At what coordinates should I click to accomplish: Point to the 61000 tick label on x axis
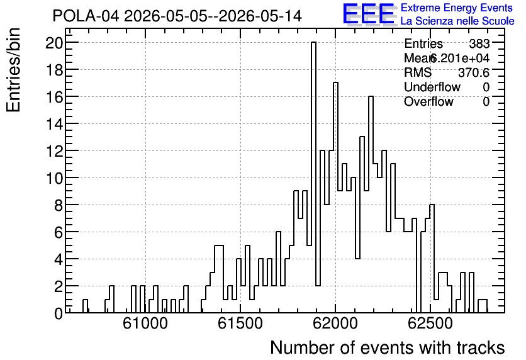[x=145, y=323]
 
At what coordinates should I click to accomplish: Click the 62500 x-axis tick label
[x=430, y=323]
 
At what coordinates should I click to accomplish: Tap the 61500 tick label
[x=240, y=323]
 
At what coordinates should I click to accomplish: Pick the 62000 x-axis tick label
[x=335, y=323]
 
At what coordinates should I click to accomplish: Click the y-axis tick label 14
[x=54, y=124]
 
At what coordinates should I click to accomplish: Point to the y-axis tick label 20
[x=54, y=43]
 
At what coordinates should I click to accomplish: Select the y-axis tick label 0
[x=59, y=313]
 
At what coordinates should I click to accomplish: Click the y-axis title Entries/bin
[x=13, y=70]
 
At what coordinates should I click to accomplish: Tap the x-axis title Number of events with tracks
[x=388, y=347]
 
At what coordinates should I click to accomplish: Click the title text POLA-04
[x=86, y=16]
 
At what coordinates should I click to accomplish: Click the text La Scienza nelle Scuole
[x=457, y=21]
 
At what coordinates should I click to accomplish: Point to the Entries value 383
[x=479, y=43]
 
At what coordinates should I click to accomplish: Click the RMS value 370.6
[x=474, y=72]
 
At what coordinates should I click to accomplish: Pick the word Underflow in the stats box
[x=432, y=87]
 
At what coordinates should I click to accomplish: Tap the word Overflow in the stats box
[x=428, y=101]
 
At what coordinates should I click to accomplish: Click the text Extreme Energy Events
[x=457, y=8]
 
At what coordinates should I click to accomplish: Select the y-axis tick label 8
[x=59, y=205]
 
